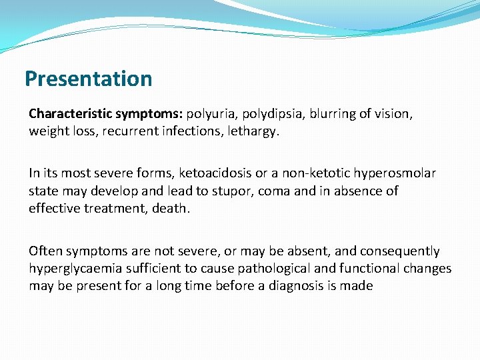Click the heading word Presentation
(88, 79)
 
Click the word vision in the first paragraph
(393, 114)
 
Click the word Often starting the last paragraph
(45, 251)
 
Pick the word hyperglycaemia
(72, 269)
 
